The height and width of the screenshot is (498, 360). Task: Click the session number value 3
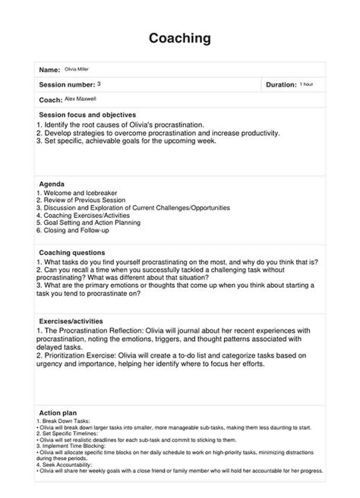pyautogui.click(x=99, y=83)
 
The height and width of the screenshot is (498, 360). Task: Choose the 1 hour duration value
pyautogui.click(x=307, y=84)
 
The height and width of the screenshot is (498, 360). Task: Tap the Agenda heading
pyautogui.click(x=52, y=184)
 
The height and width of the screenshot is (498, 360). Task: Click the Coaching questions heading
pyautogui.click(x=73, y=252)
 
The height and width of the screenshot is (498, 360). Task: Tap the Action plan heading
pyautogui.click(x=57, y=413)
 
